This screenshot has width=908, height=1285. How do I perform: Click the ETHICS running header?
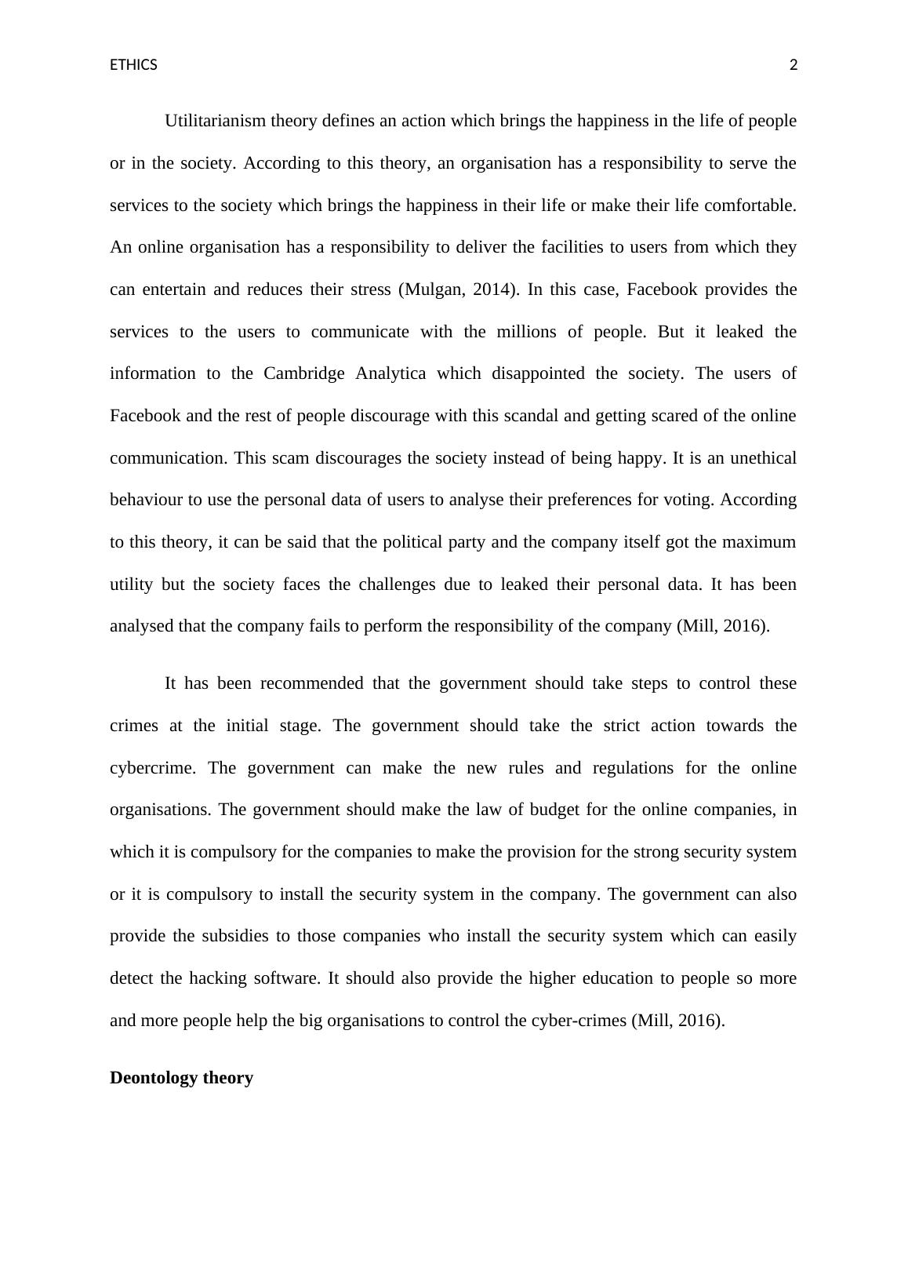[133, 65]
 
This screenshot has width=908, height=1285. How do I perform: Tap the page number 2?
[793, 65]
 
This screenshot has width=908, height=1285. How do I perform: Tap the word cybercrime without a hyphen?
[151, 768]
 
